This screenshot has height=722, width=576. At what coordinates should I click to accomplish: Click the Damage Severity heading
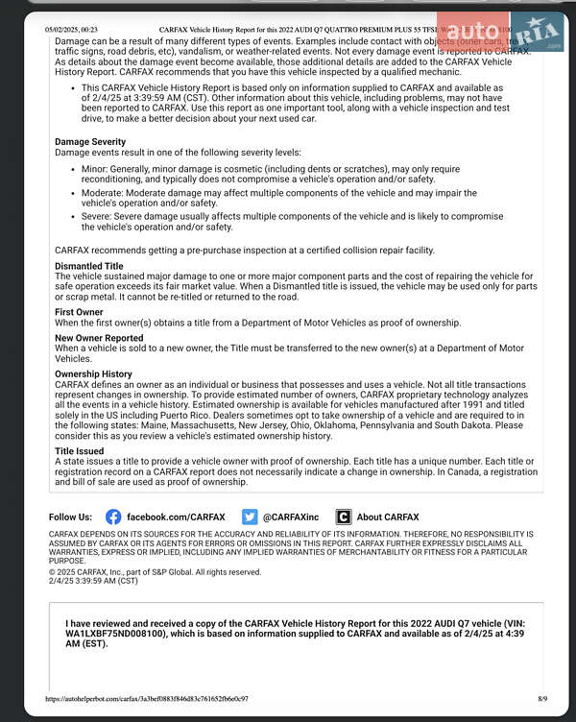click(90, 142)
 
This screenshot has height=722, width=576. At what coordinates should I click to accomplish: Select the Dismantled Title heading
click(89, 266)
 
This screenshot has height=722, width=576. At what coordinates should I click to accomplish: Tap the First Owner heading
click(79, 312)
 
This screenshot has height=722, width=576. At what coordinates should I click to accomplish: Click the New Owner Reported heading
click(99, 338)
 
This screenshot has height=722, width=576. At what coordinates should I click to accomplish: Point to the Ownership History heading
click(93, 373)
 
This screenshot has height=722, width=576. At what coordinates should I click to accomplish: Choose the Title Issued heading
click(80, 450)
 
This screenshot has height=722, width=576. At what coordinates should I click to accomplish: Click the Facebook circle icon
click(113, 517)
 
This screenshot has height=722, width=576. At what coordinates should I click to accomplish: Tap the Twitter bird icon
click(250, 517)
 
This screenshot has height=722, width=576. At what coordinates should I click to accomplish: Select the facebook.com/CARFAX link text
click(176, 517)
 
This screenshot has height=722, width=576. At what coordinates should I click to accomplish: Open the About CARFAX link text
click(388, 517)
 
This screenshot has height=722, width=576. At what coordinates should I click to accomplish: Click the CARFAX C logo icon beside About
click(344, 517)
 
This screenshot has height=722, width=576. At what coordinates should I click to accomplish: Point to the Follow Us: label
click(70, 517)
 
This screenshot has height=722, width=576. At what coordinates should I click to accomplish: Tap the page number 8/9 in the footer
click(542, 698)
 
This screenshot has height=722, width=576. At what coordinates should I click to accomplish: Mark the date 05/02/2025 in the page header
click(63, 31)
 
